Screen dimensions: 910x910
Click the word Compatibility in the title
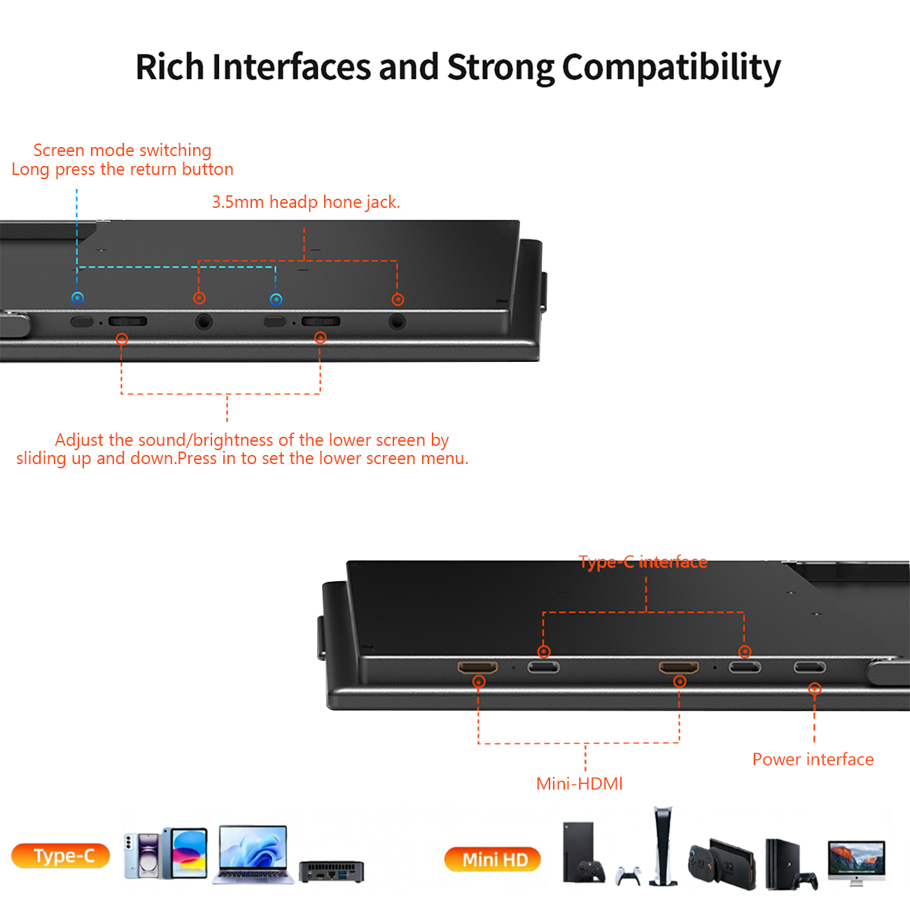pos(671,67)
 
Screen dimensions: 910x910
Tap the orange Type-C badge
pos(60,855)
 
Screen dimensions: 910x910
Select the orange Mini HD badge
pos(493,860)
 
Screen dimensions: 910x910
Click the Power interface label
pos(813,759)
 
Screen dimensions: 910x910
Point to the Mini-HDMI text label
pos(580,784)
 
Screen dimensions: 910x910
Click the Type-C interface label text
pos(643,562)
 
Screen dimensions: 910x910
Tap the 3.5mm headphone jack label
pos(306,202)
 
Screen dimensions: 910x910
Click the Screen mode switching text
pos(122,150)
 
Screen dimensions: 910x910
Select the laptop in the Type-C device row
pos(253,854)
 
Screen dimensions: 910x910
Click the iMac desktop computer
pos(856,863)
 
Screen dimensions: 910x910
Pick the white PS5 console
pos(663,846)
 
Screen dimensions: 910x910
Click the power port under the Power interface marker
pos(809,667)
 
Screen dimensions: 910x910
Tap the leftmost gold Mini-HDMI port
pos(477,667)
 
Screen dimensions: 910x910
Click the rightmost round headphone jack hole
pos(397,321)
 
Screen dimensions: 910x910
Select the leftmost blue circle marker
pos(78,298)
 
